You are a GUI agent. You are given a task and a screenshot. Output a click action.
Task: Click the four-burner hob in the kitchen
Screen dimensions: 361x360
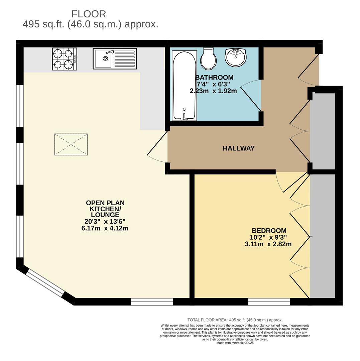[65, 59]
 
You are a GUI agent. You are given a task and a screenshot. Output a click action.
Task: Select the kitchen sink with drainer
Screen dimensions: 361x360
[115, 59]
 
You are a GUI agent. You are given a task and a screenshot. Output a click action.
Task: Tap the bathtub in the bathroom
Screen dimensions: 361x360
[184, 86]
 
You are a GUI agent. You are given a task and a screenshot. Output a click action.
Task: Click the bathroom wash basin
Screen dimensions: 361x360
[236, 57]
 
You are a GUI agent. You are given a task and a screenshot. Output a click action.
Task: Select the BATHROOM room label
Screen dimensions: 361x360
[214, 78]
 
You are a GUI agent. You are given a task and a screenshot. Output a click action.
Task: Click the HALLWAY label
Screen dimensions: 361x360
[239, 148]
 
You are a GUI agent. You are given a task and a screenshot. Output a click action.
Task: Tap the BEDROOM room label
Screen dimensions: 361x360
[269, 231]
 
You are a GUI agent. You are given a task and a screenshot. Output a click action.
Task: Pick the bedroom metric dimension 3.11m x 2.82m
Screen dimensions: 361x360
[268, 244]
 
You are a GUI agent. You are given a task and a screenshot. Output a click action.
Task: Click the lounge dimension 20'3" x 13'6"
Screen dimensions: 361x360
[105, 222]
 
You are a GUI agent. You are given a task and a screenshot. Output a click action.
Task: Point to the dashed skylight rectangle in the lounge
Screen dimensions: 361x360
[71, 144]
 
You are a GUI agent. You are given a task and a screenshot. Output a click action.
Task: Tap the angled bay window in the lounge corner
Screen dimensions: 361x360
[45, 283]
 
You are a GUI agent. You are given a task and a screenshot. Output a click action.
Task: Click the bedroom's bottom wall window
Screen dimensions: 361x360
[269, 302]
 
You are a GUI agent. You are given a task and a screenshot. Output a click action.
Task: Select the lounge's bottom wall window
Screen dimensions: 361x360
[152, 302]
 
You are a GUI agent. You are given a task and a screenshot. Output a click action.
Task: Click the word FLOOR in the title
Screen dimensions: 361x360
[89, 14]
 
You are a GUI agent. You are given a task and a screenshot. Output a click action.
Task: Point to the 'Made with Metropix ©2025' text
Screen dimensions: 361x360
[235, 343]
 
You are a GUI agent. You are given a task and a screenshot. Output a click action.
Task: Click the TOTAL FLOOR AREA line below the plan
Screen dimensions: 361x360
[235, 320]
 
